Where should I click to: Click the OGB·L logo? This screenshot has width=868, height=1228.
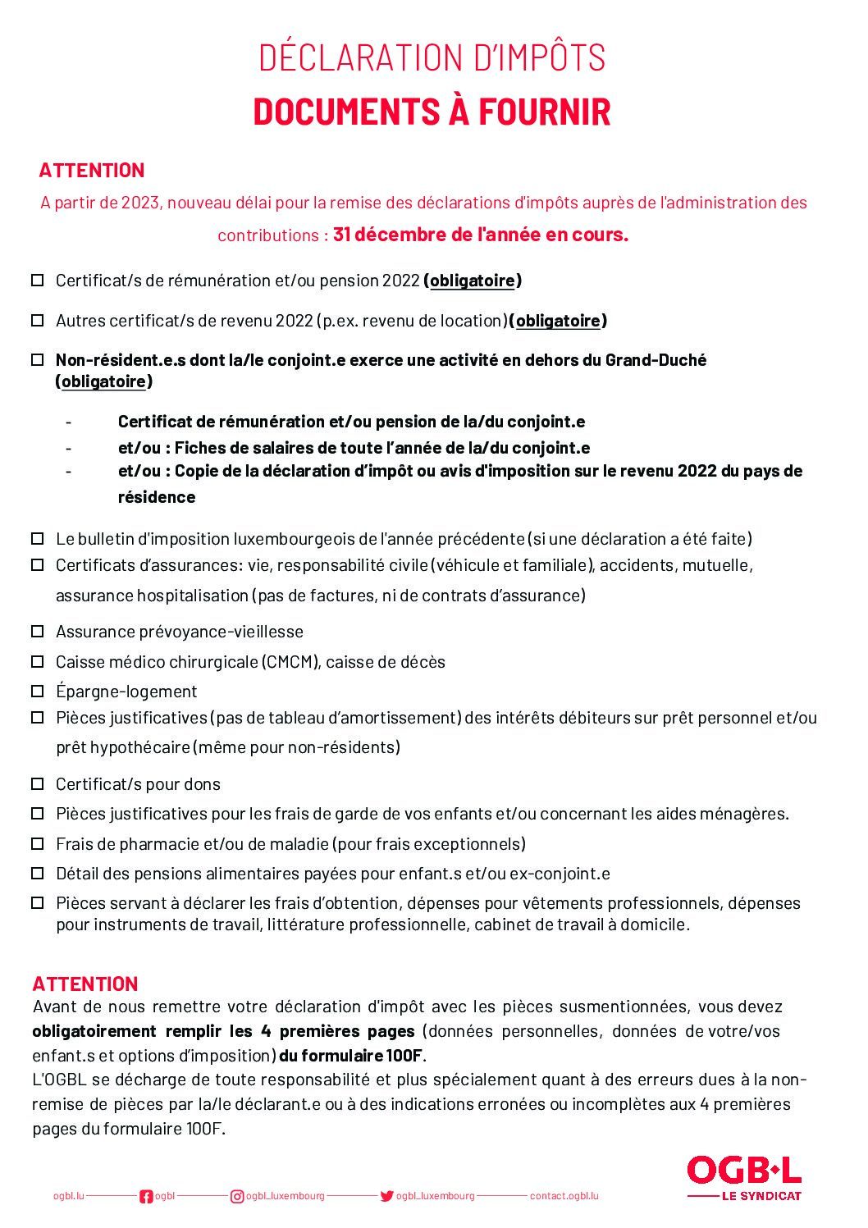tap(743, 1171)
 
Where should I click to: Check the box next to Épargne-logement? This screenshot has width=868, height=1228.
tap(38, 691)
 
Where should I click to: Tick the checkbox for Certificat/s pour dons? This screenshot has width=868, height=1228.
tap(38, 783)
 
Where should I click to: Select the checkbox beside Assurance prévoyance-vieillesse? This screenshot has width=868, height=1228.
tap(38, 631)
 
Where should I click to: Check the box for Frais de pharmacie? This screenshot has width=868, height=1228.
tap(38, 843)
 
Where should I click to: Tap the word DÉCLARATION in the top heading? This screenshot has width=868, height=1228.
tap(361, 57)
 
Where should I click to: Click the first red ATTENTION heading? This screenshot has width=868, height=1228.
tap(92, 171)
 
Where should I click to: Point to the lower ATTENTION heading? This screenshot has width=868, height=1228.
tap(85, 984)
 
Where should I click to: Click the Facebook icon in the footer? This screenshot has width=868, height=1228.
tap(146, 1196)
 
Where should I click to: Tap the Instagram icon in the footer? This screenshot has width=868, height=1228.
tap(237, 1196)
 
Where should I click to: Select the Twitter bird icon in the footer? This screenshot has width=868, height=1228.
tap(386, 1196)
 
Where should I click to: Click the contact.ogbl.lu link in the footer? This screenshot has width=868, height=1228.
tap(564, 1196)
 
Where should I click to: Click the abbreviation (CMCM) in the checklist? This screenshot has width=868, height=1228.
tap(290, 662)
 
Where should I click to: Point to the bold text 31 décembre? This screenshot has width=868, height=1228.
tap(389, 235)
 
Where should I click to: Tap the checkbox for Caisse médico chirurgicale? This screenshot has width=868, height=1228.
tap(38, 661)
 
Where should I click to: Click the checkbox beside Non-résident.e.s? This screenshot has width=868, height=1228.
tap(38, 359)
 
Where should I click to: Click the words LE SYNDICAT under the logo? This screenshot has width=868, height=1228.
tap(761, 1196)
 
